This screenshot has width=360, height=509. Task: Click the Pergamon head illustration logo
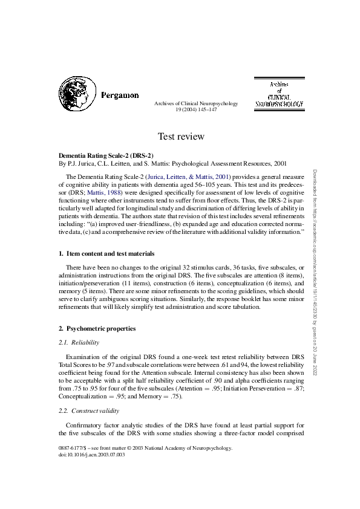[76, 94]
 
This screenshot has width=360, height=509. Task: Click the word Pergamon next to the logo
[120, 96]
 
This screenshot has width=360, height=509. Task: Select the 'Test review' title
[180, 137]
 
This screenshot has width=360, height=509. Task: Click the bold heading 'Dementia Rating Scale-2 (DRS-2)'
[106, 155]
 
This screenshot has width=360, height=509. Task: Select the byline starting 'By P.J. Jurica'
[172, 163]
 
